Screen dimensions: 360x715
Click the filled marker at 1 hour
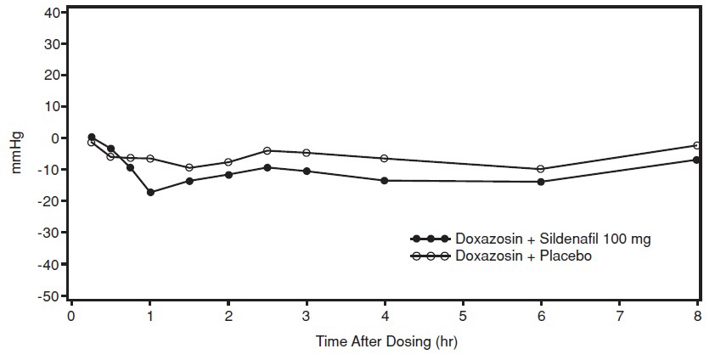150,192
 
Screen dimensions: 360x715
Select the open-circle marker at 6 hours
541,169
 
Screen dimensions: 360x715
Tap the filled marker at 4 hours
385,180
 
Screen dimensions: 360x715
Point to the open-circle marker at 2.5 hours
267,150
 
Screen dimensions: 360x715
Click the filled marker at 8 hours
697,160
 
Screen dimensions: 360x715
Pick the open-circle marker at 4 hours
385,159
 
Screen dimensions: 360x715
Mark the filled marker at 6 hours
541,182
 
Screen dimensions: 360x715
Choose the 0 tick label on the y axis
57,138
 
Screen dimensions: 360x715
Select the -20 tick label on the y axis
50,201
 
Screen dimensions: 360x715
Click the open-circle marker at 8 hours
697,145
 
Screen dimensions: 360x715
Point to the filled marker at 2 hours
228,175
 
